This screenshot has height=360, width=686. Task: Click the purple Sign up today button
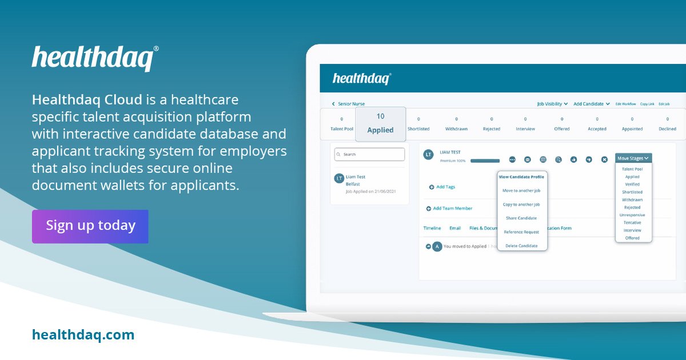[x=90, y=226]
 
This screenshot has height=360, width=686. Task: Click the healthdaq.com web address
[x=83, y=335]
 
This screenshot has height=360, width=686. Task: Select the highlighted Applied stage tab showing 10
[x=380, y=124]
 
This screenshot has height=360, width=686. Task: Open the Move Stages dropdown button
[x=633, y=158]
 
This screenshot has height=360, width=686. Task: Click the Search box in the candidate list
[x=369, y=154]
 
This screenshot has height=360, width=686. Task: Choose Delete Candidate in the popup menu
[x=521, y=246]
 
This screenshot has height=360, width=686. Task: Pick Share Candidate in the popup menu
[x=521, y=218]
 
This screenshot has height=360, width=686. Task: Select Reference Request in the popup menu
[x=521, y=232]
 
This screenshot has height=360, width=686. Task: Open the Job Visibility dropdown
[x=552, y=104]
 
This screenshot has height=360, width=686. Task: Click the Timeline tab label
[x=432, y=228]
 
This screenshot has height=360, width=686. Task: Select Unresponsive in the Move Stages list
[x=632, y=215]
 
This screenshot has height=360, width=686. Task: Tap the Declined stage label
[x=667, y=129]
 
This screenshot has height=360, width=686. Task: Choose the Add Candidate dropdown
[x=592, y=104]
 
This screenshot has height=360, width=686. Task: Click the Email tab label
[x=455, y=228]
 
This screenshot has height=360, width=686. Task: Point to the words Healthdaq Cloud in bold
[x=87, y=100]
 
